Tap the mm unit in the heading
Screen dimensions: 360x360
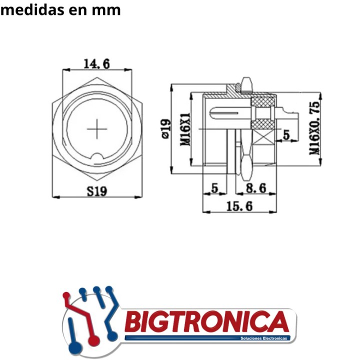pyautogui.click(x=107, y=9)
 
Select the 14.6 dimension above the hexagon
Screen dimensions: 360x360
pyautogui.click(x=96, y=63)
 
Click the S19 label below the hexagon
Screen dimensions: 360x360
pyautogui.click(x=97, y=190)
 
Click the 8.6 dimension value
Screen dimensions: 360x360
pyautogui.click(x=256, y=188)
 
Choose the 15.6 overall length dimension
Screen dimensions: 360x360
pyautogui.click(x=239, y=205)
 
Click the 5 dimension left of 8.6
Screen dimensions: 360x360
pyautogui.click(x=215, y=188)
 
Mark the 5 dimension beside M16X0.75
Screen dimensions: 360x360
pyautogui.click(x=286, y=134)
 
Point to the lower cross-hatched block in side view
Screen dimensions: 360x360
pyautogui.click(x=263, y=123)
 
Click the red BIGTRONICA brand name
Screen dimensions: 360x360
pyautogui.click(x=206, y=321)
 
